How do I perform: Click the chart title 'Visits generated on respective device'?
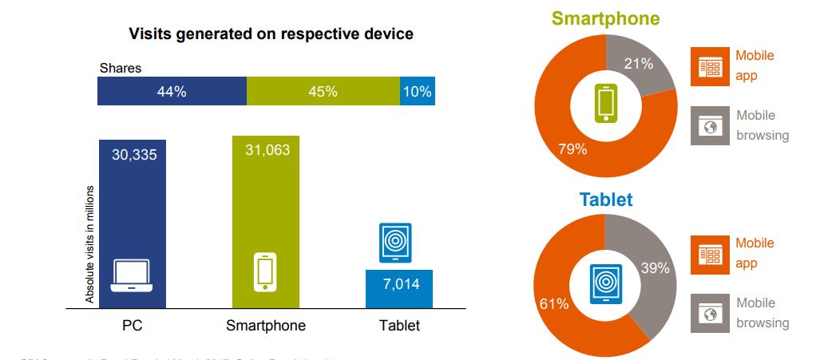pyautogui.click(x=271, y=34)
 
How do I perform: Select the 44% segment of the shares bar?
pyautogui.click(x=172, y=92)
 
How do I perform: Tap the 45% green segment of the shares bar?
pyautogui.click(x=323, y=92)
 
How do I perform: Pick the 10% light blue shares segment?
pyautogui.click(x=418, y=92)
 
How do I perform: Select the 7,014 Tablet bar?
pyautogui.click(x=398, y=288)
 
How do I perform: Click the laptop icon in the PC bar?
pyautogui.click(x=131, y=275)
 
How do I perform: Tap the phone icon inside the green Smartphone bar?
pyautogui.click(x=265, y=271)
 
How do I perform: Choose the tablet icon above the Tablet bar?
pyautogui.click(x=395, y=243)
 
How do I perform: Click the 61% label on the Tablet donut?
pyautogui.click(x=554, y=304)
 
